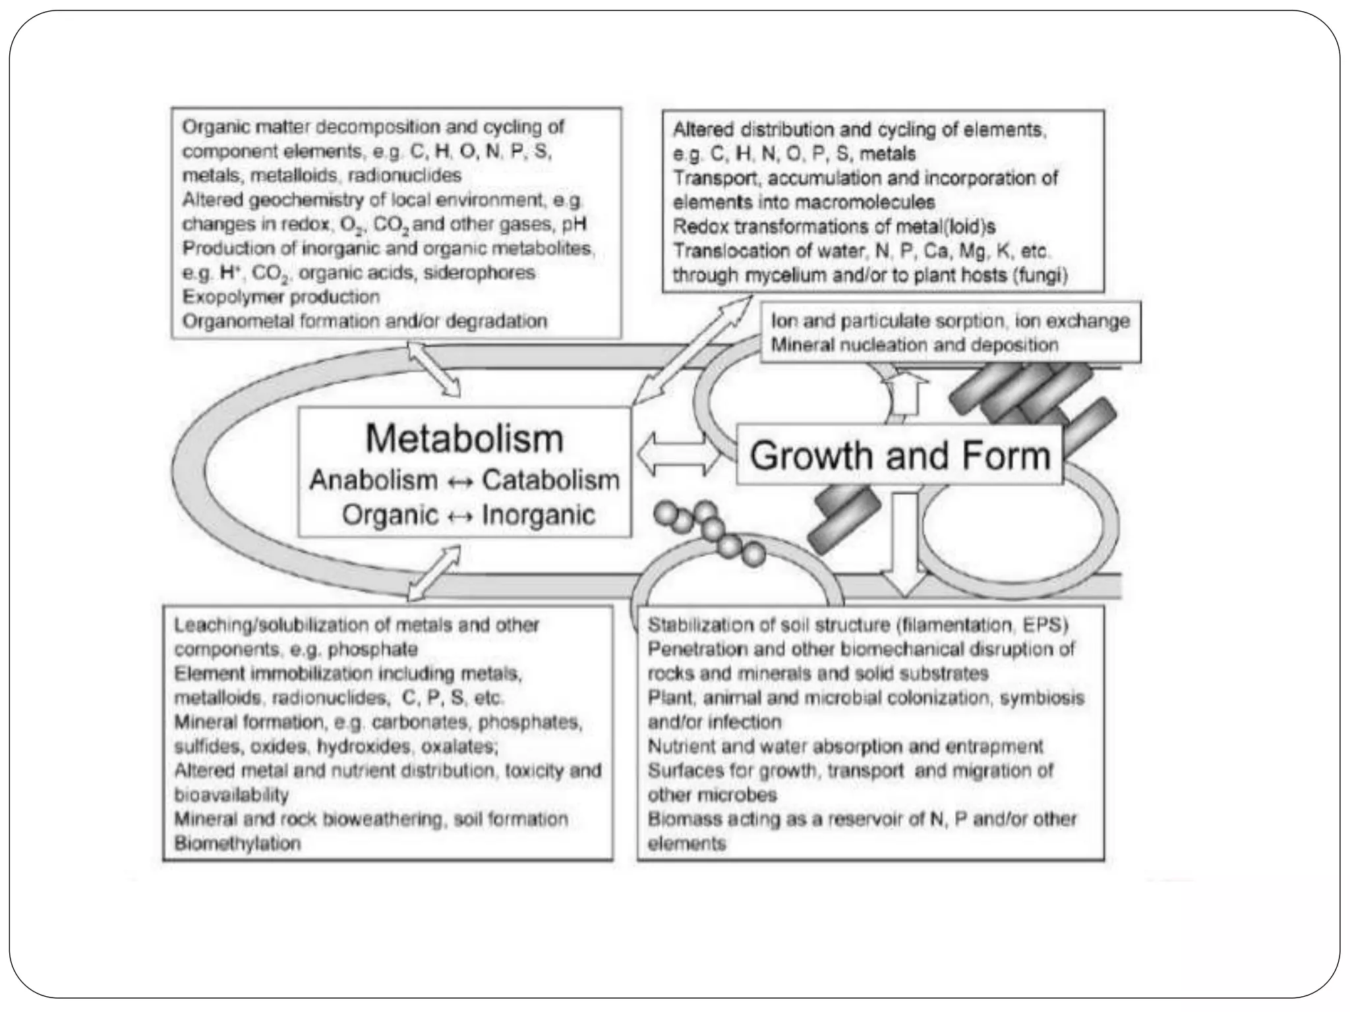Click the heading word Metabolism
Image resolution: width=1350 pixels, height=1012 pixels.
pos(464,439)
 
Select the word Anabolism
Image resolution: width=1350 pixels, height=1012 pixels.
pos(373,480)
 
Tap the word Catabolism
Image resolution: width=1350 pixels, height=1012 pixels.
pos(550,480)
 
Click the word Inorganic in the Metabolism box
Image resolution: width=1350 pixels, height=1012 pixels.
pos(539,515)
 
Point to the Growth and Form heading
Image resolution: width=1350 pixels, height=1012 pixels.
pos(900,455)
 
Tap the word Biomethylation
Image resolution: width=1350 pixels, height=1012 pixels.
pos(237,843)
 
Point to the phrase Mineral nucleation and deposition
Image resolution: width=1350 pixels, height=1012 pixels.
pos(914,345)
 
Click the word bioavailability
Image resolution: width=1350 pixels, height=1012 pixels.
pos(231,795)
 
